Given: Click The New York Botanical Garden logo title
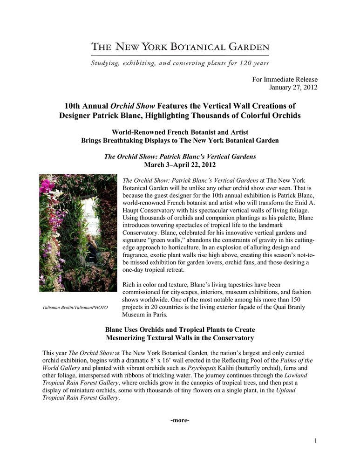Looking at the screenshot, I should tap(180, 47).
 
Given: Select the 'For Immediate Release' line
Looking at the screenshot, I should tap(285, 79).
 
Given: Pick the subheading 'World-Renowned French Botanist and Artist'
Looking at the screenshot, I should tap(180, 132).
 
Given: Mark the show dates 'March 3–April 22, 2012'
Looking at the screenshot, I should tap(180, 164).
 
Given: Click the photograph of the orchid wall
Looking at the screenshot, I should tap(78, 233).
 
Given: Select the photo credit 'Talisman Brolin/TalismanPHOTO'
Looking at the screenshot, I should tap(75, 308).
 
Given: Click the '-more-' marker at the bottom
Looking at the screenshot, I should tap(180, 421).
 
